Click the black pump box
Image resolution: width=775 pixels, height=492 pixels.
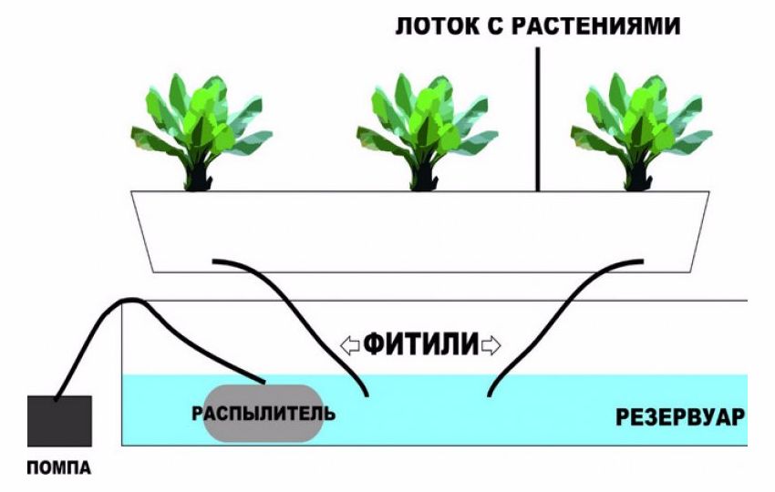click(x=59, y=421)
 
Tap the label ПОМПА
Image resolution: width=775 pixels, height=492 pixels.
click(x=59, y=469)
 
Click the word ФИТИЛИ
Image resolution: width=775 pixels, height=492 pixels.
click(x=421, y=344)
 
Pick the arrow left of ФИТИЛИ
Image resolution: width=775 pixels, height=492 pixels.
click(x=348, y=344)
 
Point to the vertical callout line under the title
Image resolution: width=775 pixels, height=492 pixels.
click(x=538, y=118)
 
